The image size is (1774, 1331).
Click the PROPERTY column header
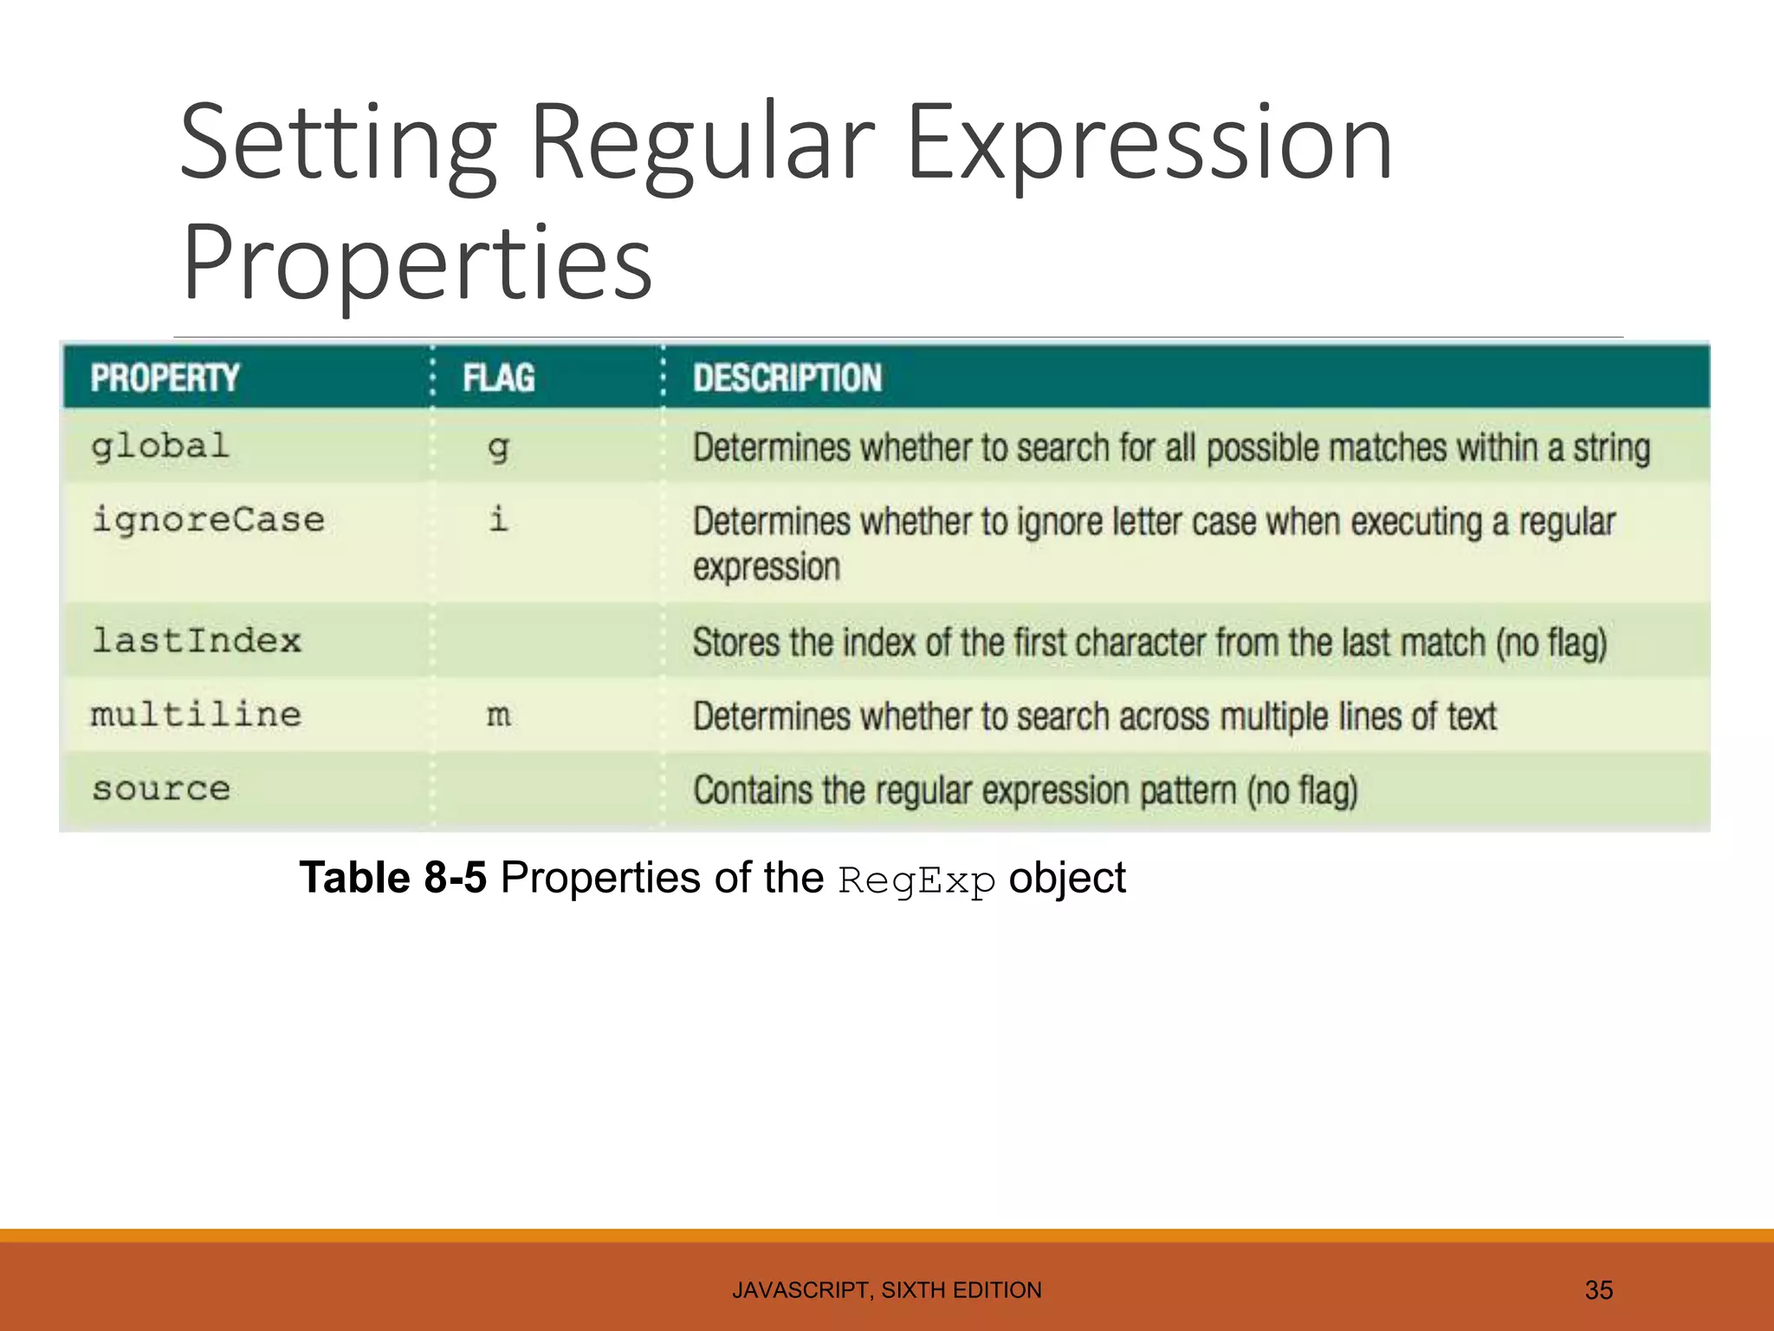click(x=165, y=378)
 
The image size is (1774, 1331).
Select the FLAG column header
click(x=498, y=378)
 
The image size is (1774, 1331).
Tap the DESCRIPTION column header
click(x=787, y=378)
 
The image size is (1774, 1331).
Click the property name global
click(x=160, y=447)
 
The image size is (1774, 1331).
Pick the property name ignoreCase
click(x=208, y=521)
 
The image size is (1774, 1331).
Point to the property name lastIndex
click(x=197, y=641)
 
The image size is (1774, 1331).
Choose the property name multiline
click(x=197, y=715)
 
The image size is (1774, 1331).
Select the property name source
click(x=161, y=789)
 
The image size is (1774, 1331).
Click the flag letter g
click(x=498, y=449)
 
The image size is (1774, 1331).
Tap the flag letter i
click(x=498, y=520)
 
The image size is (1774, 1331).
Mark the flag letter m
click(x=498, y=717)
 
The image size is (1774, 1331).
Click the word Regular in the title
click(x=702, y=143)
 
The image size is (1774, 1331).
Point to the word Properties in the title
click(x=417, y=262)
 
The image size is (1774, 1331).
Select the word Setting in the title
click(x=339, y=143)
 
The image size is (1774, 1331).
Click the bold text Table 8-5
click(x=392, y=878)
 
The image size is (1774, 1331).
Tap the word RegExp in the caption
click(x=916, y=881)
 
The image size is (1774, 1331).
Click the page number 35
click(x=1598, y=1290)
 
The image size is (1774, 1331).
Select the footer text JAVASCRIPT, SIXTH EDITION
click(x=886, y=1290)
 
